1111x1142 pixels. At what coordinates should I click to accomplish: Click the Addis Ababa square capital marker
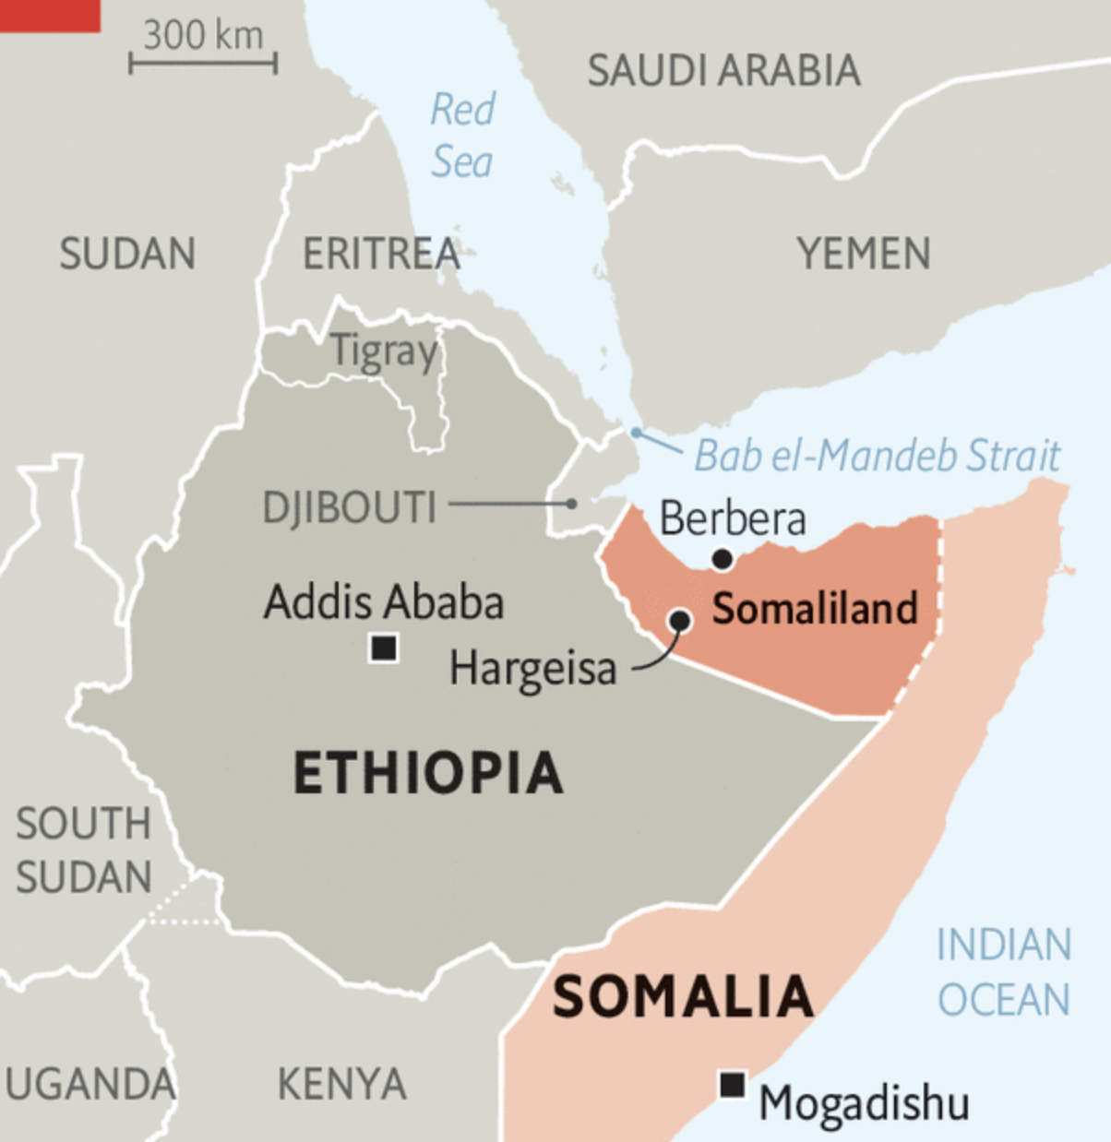coord(384,648)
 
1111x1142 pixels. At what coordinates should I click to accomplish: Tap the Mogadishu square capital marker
coord(732,1084)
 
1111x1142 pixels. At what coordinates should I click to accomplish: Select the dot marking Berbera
coord(723,558)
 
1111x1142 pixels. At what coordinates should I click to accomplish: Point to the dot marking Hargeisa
coord(680,620)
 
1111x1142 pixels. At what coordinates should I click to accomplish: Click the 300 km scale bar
coord(203,64)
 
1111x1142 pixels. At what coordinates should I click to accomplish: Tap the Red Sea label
coord(462,136)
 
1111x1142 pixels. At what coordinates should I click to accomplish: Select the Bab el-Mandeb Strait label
coord(877,456)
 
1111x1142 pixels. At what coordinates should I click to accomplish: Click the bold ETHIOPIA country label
coord(427,773)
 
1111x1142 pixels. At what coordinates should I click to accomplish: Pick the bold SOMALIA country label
coord(683,997)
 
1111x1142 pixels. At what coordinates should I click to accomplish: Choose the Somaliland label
coord(815,609)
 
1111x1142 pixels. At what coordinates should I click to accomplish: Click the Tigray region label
coord(384,351)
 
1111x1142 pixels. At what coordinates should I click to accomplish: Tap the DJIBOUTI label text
coord(349,507)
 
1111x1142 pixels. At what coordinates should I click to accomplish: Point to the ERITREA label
coord(381,254)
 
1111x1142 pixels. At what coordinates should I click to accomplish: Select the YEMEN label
coord(864,254)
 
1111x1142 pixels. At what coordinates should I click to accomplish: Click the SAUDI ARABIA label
coord(724,71)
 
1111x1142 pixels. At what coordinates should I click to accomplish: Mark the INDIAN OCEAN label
coord(1004,972)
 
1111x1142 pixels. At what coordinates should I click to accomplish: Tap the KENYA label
coord(341,1084)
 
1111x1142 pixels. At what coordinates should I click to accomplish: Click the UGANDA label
coord(90,1084)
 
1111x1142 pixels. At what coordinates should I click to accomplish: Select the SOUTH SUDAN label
coord(83,850)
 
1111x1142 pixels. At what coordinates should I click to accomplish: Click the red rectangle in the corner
coord(49,15)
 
